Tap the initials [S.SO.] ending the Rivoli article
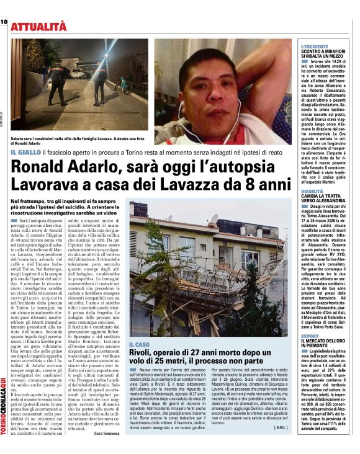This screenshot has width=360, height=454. pyautogui.click(x=279, y=427)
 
